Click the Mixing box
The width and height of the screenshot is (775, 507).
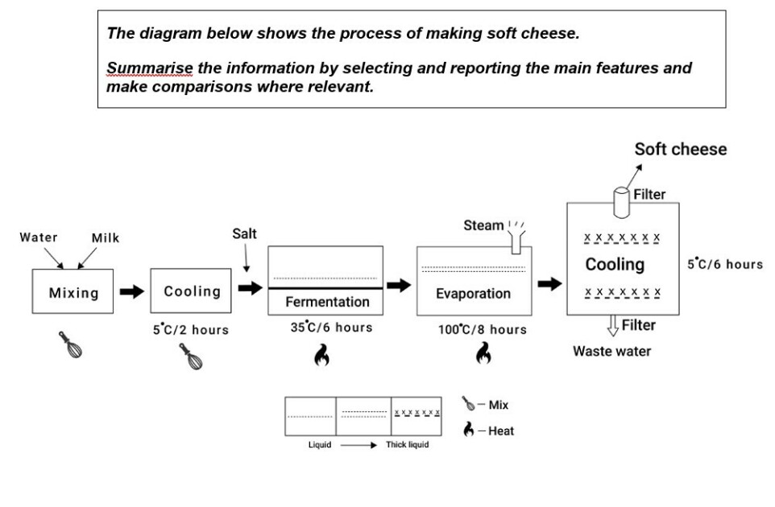(x=73, y=291)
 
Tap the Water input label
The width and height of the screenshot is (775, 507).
(x=39, y=237)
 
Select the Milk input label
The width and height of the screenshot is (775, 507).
(x=106, y=238)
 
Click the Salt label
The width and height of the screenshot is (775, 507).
(x=244, y=233)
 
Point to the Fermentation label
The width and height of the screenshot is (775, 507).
(x=327, y=302)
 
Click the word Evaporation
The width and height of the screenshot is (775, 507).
(x=473, y=294)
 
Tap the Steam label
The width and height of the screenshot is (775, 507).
(x=483, y=225)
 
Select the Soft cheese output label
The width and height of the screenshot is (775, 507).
(x=681, y=149)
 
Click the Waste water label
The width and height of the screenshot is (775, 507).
(x=612, y=351)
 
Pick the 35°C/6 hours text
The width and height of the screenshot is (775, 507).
(x=332, y=328)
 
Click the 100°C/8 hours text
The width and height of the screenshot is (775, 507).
(x=483, y=329)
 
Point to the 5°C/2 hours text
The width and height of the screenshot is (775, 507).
(x=191, y=330)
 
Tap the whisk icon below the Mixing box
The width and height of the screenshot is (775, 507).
(x=71, y=344)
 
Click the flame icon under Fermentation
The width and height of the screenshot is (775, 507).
(x=321, y=355)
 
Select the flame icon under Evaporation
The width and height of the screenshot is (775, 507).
(x=483, y=353)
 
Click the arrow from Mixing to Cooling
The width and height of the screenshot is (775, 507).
(x=132, y=291)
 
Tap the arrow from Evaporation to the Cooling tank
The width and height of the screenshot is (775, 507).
(x=549, y=284)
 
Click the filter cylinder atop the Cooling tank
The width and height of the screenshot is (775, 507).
(x=621, y=203)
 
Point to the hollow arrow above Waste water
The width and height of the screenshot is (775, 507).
(x=613, y=326)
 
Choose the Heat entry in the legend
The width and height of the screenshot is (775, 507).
(x=489, y=430)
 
